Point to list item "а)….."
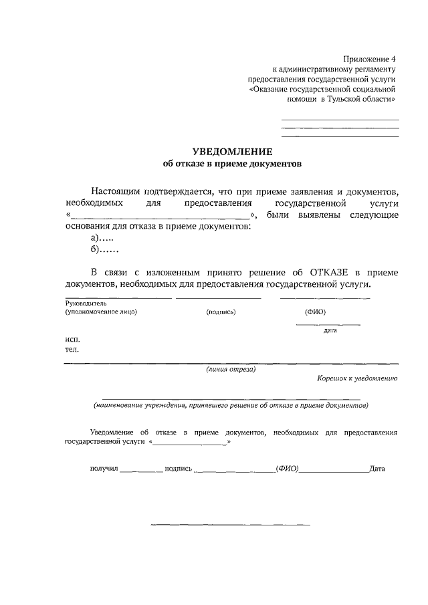pyautogui.click(x=102, y=238)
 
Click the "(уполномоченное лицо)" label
pyautogui.click(x=100, y=312)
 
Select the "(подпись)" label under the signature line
pyautogui.click(x=221, y=312)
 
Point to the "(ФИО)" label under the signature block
pyautogui.click(x=315, y=312)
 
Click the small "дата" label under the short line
pyautogui.click(x=329, y=330)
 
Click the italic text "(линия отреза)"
pyautogui.click(x=231, y=368)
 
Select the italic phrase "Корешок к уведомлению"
pyautogui.click(x=358, y=378)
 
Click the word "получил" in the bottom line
pyautogui.click(x=104, y=469)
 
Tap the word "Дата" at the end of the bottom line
pyautogui.click(x=377, y=469)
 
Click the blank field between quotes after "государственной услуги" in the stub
pyautogui.click(x=191, y=443)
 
